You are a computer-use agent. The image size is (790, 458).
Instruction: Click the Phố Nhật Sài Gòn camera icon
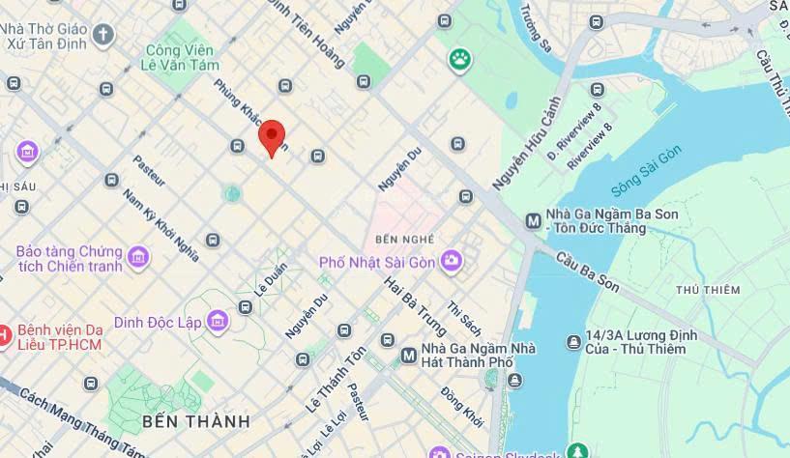click(451, 261)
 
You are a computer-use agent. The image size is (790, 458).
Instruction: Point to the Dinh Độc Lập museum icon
click(218, 321)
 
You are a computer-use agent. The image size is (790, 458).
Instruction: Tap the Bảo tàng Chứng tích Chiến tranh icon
click(139, 257)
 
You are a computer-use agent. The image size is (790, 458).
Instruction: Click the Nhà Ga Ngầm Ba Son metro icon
click(532, 220)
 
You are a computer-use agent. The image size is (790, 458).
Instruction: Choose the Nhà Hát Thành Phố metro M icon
click(408, 357)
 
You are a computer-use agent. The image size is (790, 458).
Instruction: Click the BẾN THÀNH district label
click(195, 421)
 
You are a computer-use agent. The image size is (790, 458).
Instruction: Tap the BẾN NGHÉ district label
click(403, 239)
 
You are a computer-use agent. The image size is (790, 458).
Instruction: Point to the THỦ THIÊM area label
click(708, 290)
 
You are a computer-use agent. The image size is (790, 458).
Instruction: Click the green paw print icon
click(459, 61)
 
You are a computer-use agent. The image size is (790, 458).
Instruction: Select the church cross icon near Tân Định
click(102, 36)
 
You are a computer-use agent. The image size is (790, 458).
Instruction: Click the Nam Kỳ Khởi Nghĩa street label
click(161, 224)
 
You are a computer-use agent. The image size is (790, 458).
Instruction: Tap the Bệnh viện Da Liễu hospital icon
click(5, 335)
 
